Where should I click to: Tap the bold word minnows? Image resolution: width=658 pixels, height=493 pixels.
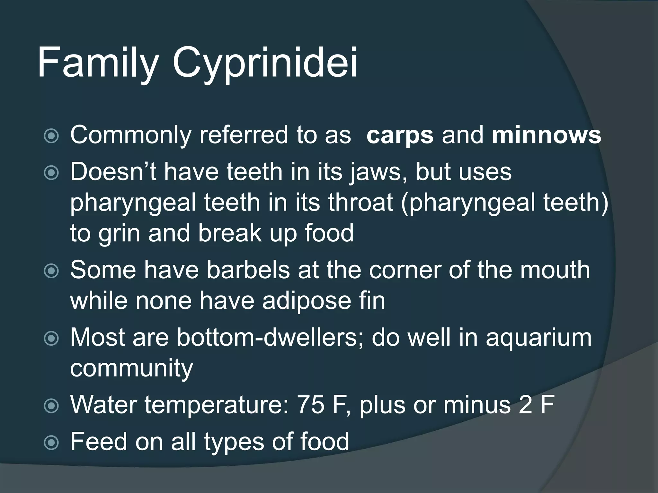[546, 135]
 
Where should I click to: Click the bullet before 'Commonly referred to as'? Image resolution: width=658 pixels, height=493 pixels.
[51, 136]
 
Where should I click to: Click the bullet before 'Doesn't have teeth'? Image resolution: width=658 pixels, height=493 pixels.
[51, 173]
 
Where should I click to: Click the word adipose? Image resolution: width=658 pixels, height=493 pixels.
[307, 301]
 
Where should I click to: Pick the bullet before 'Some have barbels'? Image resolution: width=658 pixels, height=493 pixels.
[51, 271]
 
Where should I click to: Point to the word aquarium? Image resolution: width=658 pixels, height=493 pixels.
[538, 338]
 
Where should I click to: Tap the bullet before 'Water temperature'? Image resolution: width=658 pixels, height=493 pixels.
[51, 406]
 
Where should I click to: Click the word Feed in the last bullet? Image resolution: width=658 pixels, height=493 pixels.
[99, 441]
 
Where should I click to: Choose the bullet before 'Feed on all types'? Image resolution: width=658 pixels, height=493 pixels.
[51, 443]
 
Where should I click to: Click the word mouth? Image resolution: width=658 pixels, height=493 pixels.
[555, 270]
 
